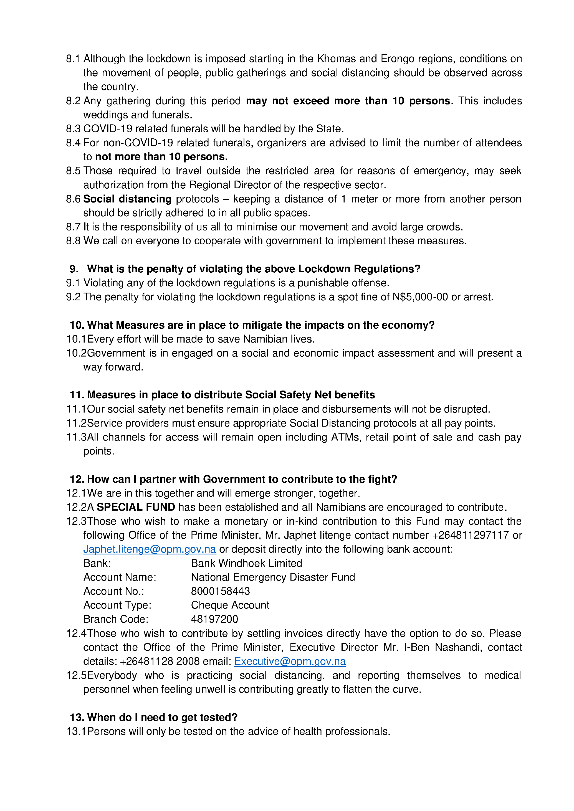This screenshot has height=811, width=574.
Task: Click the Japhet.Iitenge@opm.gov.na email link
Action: [x=150, y=549]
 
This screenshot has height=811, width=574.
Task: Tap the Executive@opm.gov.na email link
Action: [x=290, y=661]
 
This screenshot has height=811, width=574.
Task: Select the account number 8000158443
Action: [x=220, y=591]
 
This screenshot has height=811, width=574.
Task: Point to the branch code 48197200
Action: [x=214, y=619]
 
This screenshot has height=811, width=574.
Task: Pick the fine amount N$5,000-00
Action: [x=420, y=297]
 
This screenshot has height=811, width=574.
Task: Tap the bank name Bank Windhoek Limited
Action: [x=246, y=563]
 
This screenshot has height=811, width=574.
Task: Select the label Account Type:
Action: [x=117, y=605]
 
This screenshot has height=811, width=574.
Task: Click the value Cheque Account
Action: [x=230, y=605]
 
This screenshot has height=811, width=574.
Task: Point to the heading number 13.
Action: [x=76, y=717]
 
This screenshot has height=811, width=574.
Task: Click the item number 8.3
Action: [x=73, y=129]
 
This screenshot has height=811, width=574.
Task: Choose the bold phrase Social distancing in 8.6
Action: [x=127, y=199]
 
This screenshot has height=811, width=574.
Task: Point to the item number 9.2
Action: [x=73, y=297]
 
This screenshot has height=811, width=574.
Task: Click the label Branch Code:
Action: [x=116, y=619]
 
